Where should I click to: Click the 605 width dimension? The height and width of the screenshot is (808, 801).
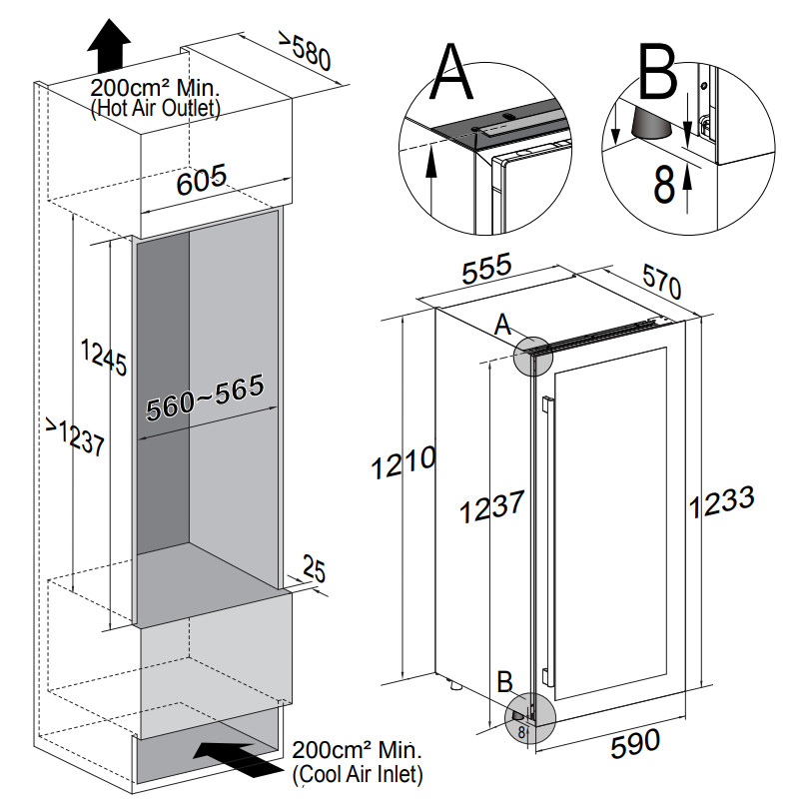pos(202,182)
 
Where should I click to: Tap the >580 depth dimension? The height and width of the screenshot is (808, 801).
pos(304,52)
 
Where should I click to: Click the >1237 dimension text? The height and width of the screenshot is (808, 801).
pos(76,439)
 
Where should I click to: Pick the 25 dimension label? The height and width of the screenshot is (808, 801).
pos(314,571)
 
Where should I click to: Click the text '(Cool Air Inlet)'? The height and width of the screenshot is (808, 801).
pos(358,773)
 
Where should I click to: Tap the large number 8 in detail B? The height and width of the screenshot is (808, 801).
pos(663,185)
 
